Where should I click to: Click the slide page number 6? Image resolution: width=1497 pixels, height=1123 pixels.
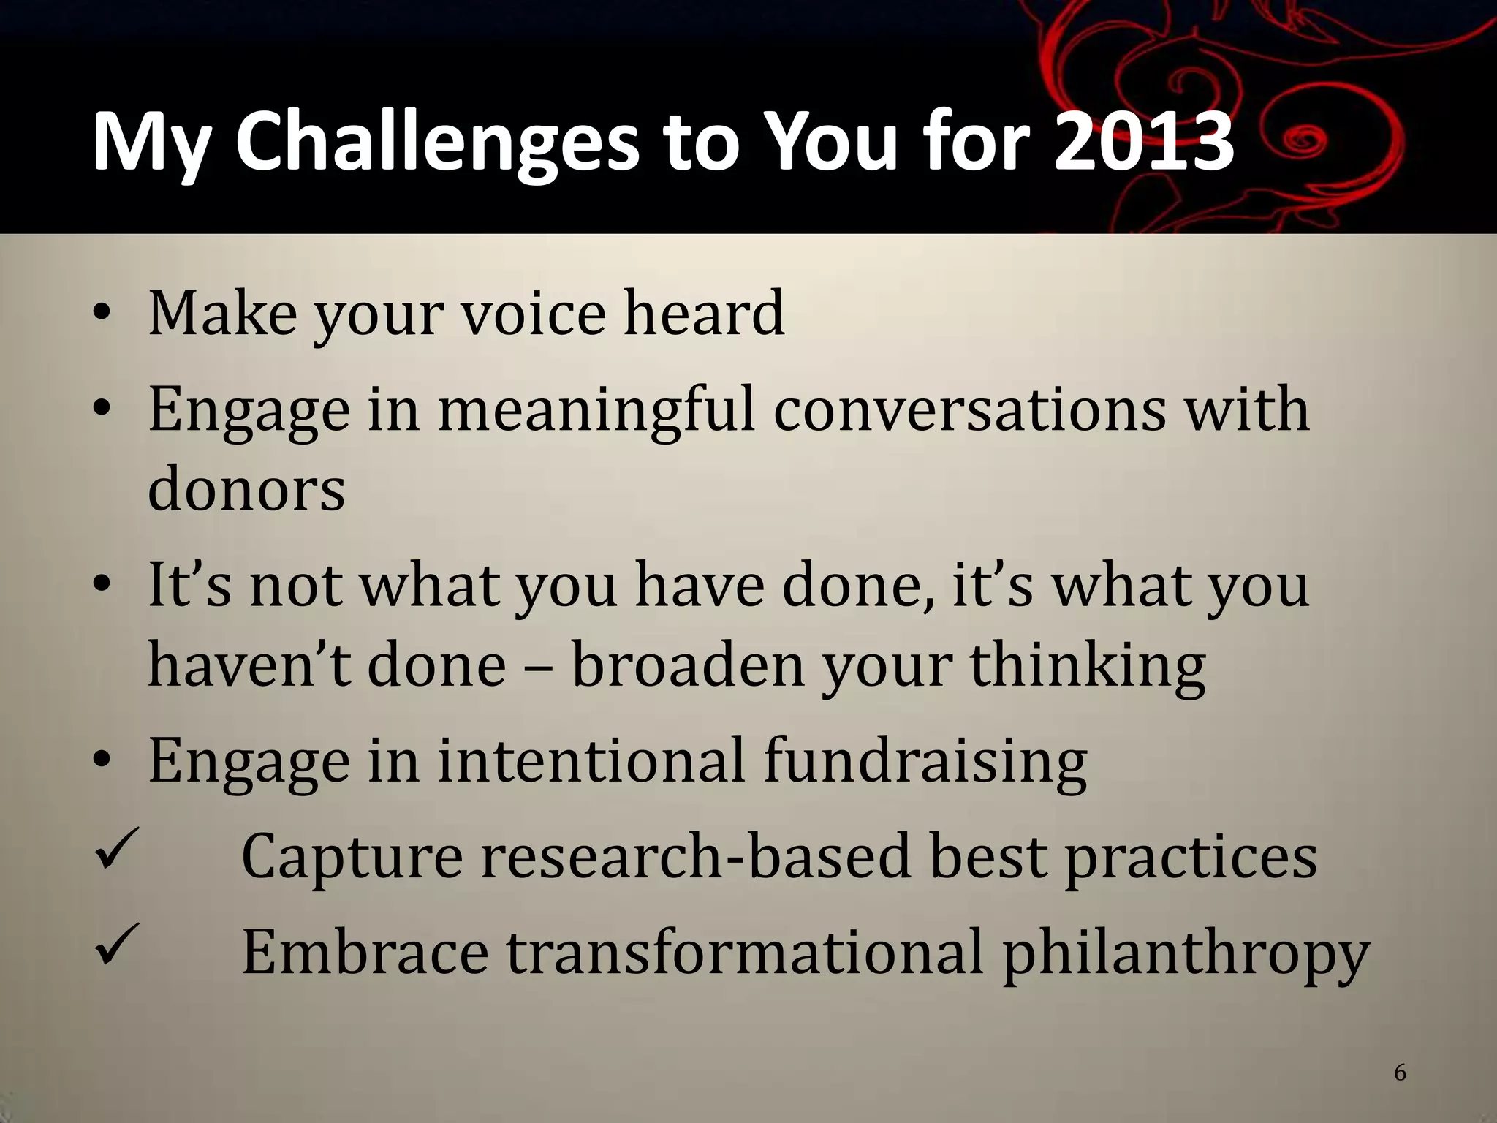coord(1401,1073)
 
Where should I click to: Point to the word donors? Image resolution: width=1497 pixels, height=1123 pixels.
coord(246,488)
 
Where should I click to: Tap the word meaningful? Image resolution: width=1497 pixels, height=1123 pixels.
coord(596,409)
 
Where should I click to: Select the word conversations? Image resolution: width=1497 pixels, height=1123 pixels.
coord(969,409)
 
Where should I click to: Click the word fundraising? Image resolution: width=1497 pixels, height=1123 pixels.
coord(925,760)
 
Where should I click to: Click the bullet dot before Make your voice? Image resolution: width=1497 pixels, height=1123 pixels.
coord(102,315)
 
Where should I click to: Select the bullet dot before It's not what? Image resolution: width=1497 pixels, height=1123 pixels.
coord(102,586)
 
